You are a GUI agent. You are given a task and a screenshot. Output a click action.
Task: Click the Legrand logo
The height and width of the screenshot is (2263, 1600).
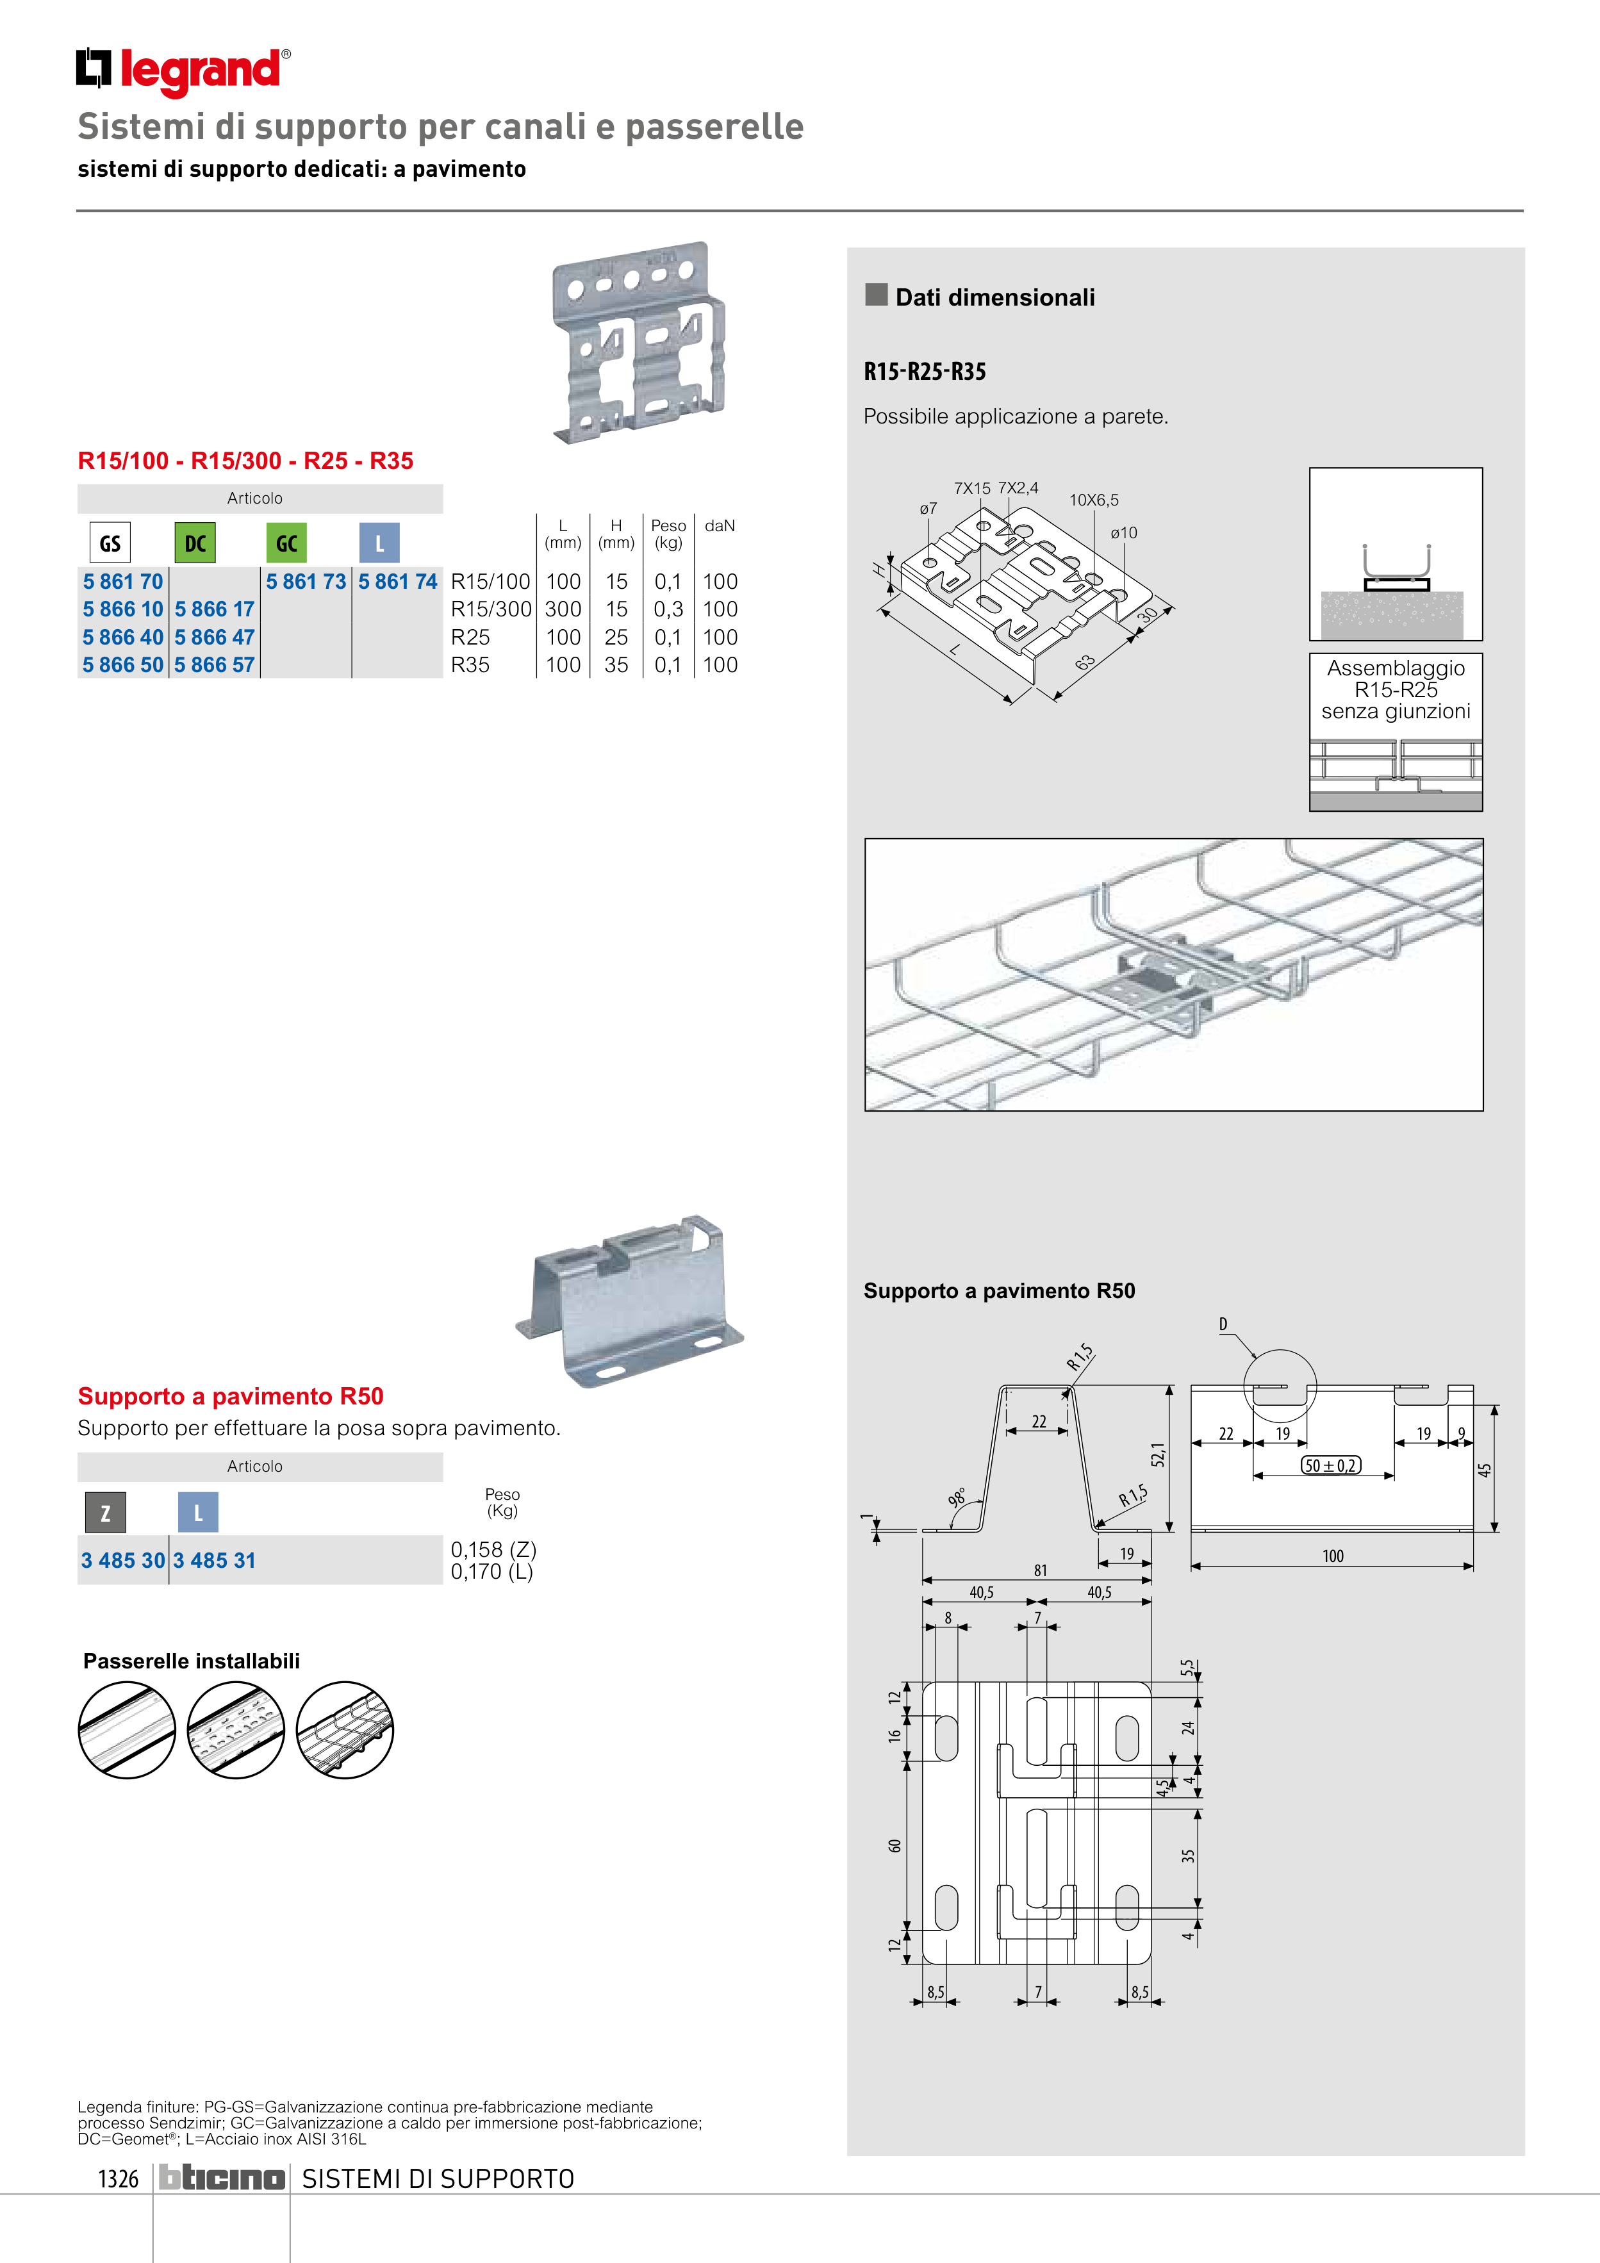coord(183,71)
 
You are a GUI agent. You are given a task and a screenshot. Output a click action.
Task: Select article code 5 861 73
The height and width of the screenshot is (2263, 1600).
coord(306,582)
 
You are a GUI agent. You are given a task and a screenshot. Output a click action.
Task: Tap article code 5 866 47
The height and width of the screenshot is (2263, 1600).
coord(214,638)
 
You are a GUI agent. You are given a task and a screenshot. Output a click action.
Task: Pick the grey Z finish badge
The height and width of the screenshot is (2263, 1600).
coord(106,1513)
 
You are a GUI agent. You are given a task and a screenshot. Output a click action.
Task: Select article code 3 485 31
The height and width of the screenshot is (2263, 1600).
coord(214,1560)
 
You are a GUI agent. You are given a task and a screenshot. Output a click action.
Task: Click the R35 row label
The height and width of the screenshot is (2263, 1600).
coord(470,665)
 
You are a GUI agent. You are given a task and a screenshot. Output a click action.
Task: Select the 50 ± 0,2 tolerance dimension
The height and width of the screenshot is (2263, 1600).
coord(1331,1465)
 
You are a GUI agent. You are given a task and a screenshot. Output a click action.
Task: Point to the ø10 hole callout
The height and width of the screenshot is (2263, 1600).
coord(1124,533)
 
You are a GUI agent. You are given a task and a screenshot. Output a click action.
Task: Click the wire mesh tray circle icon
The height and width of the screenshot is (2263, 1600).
coord(345,1730)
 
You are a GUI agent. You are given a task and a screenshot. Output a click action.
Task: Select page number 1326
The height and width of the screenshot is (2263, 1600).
coord(119,2178)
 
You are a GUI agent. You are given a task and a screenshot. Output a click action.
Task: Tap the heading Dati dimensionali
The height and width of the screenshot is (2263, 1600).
coord(994,298)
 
